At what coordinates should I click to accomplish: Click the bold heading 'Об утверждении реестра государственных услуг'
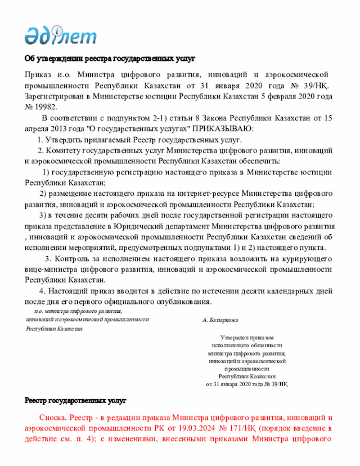[109, 59]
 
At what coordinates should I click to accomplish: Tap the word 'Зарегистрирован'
[54, 96]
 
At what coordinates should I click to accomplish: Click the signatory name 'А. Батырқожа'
[220, 320]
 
